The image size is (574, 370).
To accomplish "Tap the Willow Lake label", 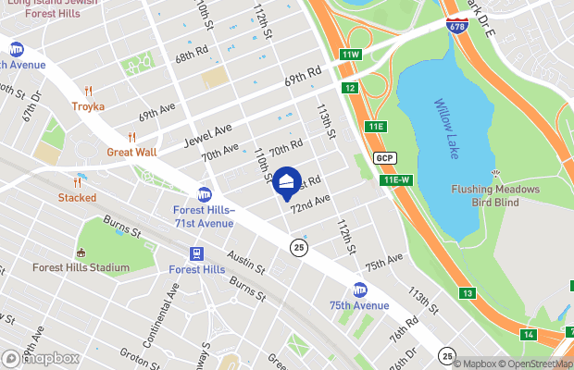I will coord(445,129).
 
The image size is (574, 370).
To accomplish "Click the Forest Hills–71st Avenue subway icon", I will coord(205,194).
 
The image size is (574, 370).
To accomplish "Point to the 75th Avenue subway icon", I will coord(359,290).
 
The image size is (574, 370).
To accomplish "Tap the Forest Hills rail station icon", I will coord(196,253).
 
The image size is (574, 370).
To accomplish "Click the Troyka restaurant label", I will coord(88,106).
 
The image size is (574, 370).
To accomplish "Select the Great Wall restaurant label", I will coord(131,152).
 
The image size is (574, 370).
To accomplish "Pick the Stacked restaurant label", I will coord(77,197).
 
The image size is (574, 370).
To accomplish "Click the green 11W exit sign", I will coord(348,55).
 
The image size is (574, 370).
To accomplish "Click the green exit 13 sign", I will coord(468,293).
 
